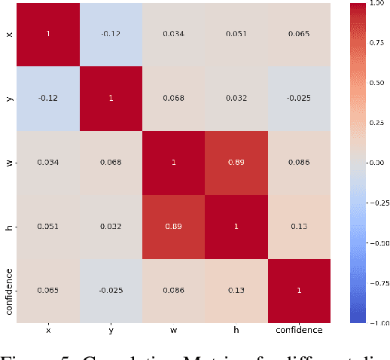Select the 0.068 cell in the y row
tap(173, 98)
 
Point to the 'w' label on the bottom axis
tap(173, 330)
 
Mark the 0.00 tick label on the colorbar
tap(376, 162)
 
